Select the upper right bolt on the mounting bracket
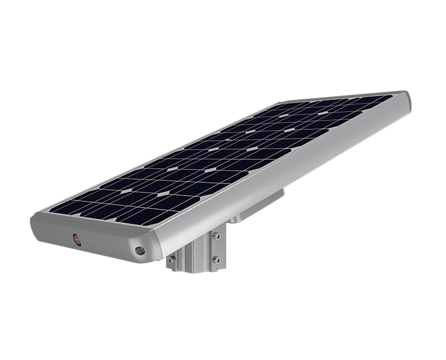217,237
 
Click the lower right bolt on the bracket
217,259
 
